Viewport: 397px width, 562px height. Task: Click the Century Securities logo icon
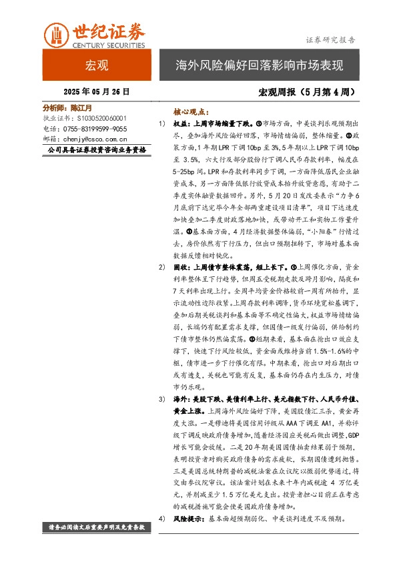coord(57,33)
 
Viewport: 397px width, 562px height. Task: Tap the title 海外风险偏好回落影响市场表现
coord(259,66)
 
